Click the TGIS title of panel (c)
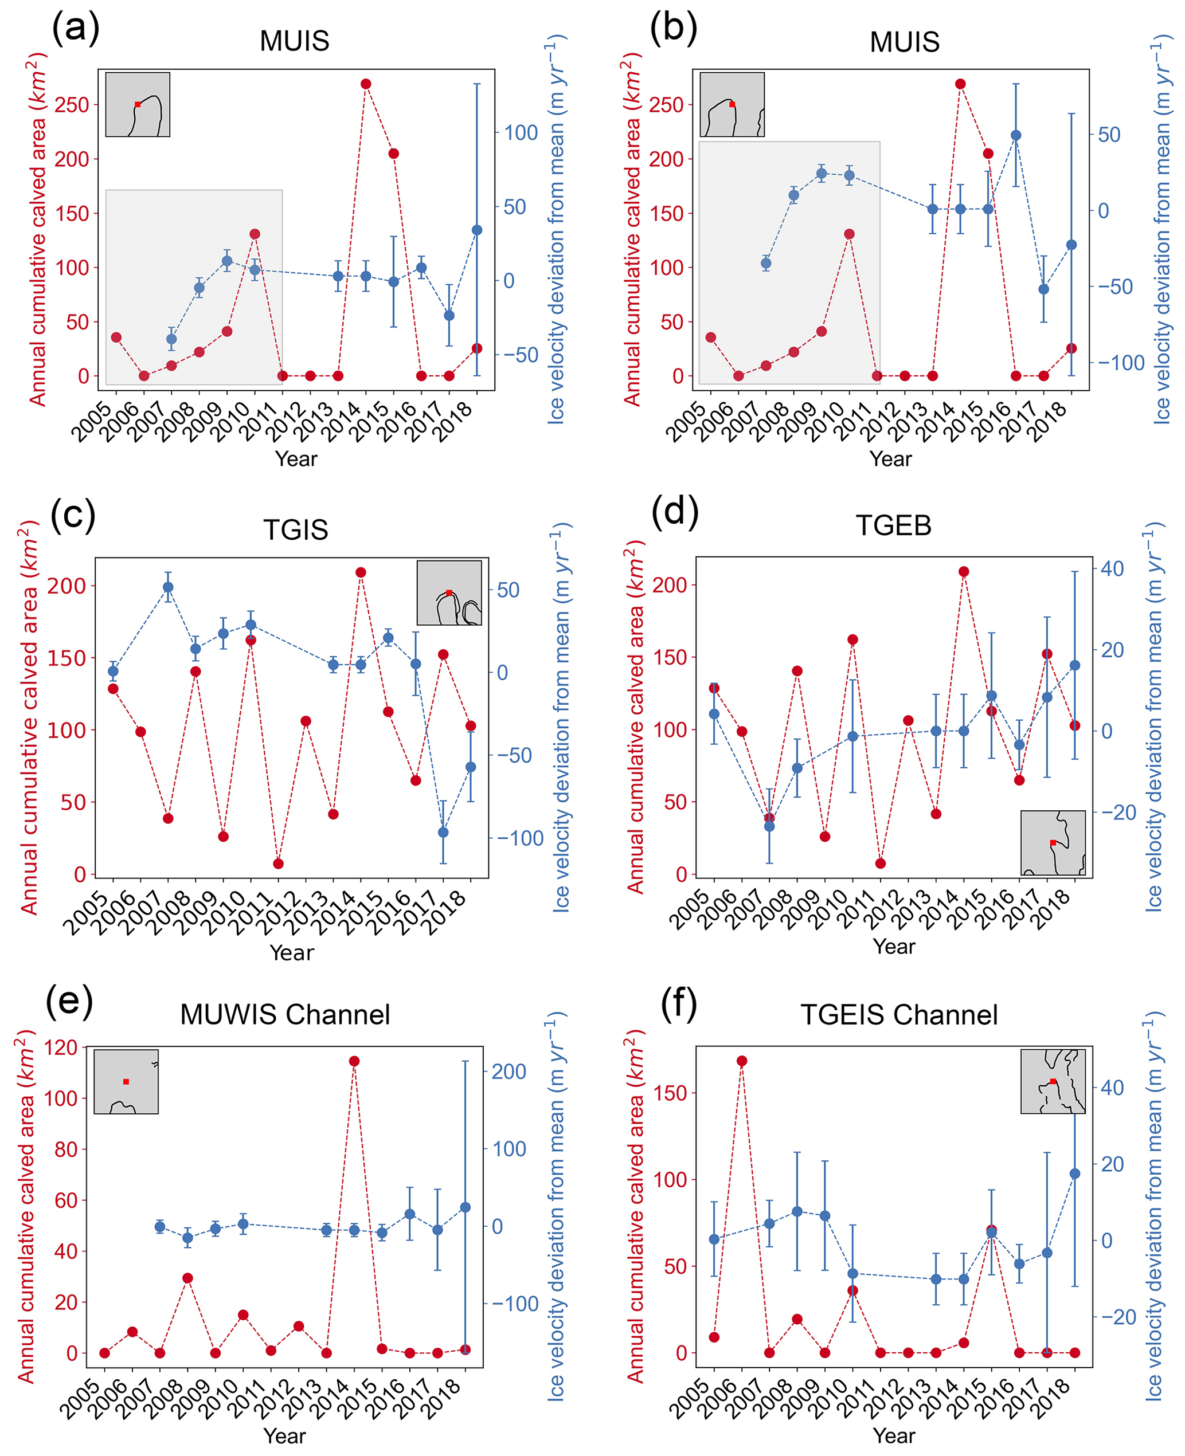pyautogui.click(x=296, y=530)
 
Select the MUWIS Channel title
pyautogui.click(x=285, y=1015)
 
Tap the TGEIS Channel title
pyautogui.click(x=898, y=1015)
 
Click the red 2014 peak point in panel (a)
pyautogui.click(x=366, y=84)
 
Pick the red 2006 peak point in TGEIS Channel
pyautogui.click(x=742, y=1061)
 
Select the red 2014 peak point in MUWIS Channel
pyautogui.click(x=354, y=1061)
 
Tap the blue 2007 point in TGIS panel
pyautogui.click(x=168, y=587)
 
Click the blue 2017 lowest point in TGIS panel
pyautogui.click(x=443, y=833)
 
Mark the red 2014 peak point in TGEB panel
pyautogui.click(x=964, y=572)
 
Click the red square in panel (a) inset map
pyautogui.click(x=138, y=104)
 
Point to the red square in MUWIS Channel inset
pyautogui.click(x=126, y=1081)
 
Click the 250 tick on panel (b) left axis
pyautogui.click(x=667, y=105)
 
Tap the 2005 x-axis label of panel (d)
pyautogui.click(x=691, y=909)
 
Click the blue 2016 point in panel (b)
pyautogui.click(x=1016, y=135)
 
